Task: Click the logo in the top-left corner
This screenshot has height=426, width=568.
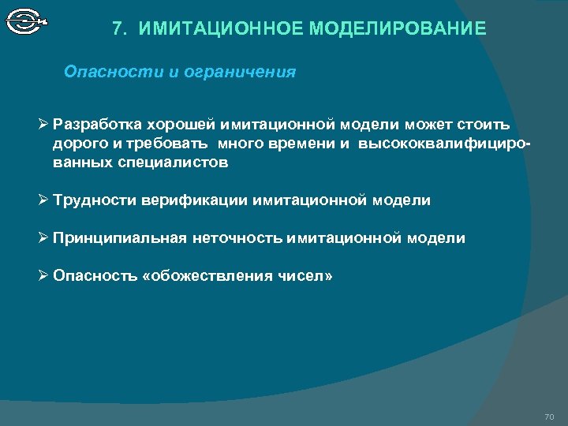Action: pyautogui.click(x=26, y=21)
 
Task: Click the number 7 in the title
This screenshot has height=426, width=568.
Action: pyautogui.click(x=118, y=30)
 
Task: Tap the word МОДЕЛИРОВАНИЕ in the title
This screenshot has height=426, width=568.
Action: pyautogui.click(x=398, y=30)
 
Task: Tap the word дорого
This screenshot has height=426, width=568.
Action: pyautogui.click(x=77, y=144)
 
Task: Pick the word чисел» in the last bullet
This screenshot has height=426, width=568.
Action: pyautogui.click(x=305, y=276)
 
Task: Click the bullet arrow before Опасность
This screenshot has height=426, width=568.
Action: pyautogui.click(x=44, y=275)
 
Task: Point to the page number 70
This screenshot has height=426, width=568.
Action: pyautogui.click(x=549, y=417)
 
